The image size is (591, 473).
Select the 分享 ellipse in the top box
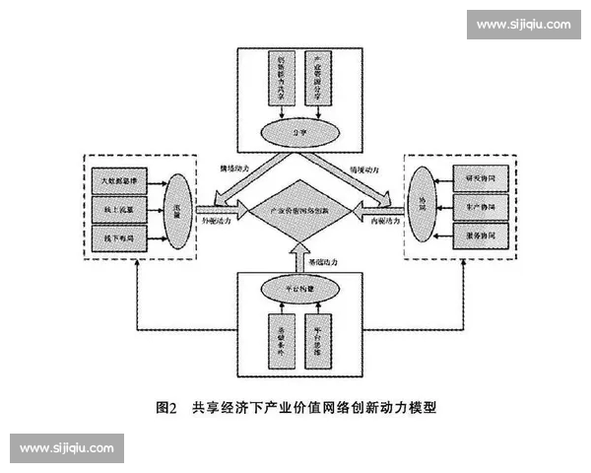tap(295, 129)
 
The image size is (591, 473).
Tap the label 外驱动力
tap(219, 223)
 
